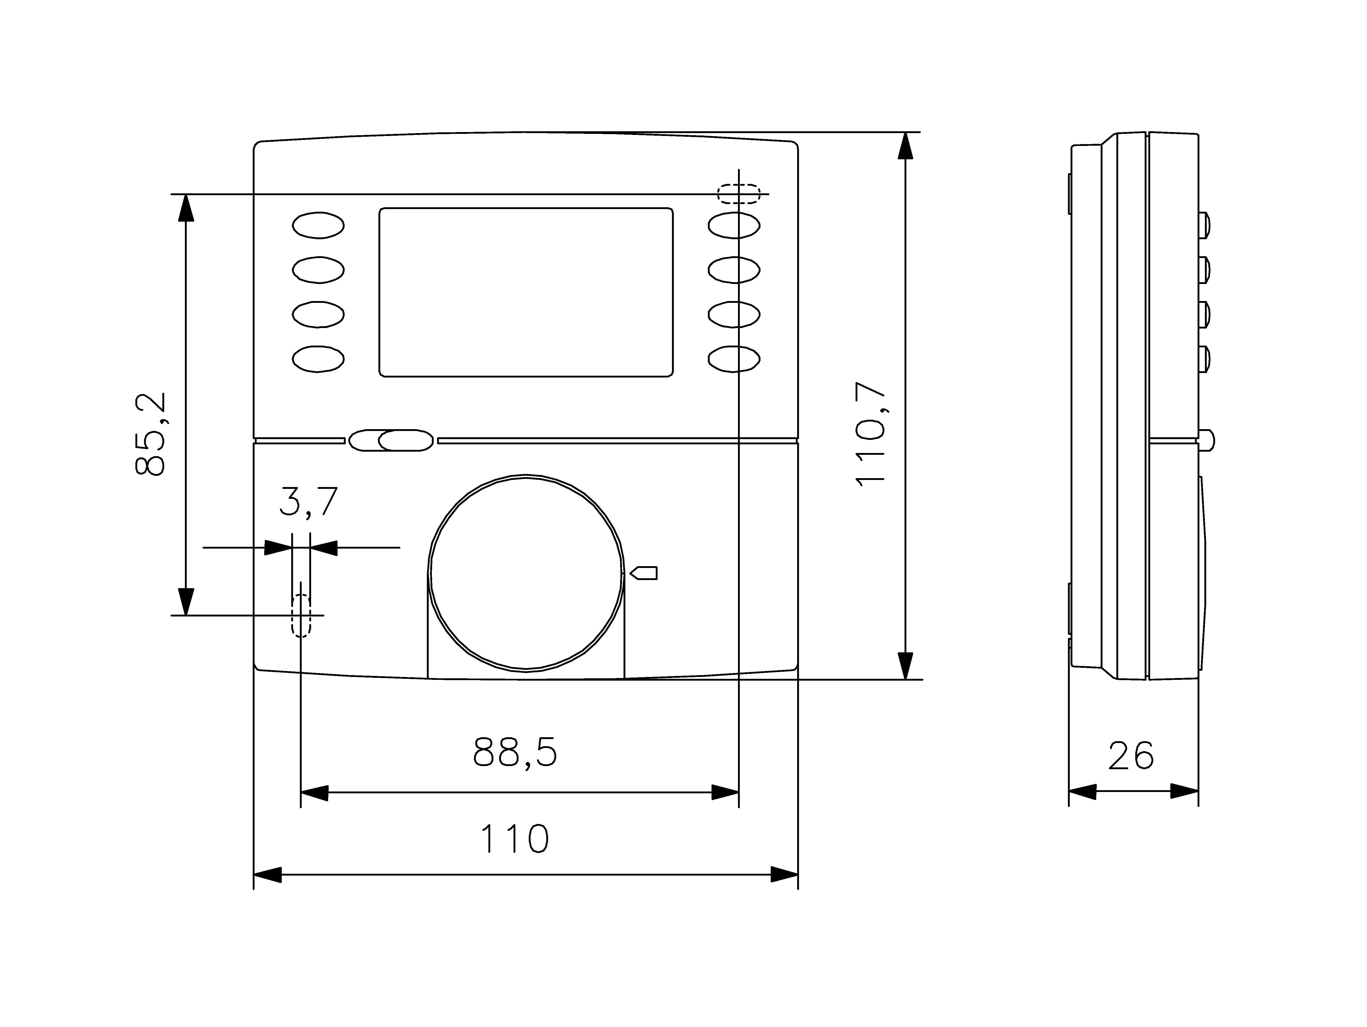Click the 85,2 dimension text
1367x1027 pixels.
pyautogui.click(x=150, y=434)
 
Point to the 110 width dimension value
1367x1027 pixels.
pyautogui.click(x=514, y=838)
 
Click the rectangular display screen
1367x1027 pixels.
pyautogui.click(x=526, y=292)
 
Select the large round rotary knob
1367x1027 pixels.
pyautogui.click(x=526, y=572)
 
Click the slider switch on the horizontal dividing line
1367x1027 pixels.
pyautogui.click(x=390, y=440)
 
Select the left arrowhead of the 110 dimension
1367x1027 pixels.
pyautogui.click(x=268, y=874)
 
